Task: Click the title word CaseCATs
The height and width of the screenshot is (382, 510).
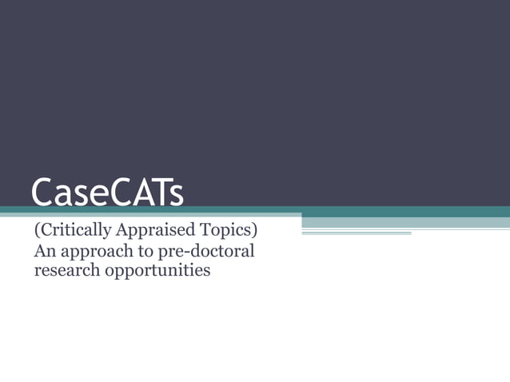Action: click(x=107, y=193)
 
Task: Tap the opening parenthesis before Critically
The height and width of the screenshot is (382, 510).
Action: click(x=36, y=232)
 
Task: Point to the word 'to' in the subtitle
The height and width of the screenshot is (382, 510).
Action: click(x=140, y=251)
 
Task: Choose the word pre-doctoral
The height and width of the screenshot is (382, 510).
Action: click(x=204, y=252)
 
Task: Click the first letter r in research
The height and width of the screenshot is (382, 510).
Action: click(x=37, y=272)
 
